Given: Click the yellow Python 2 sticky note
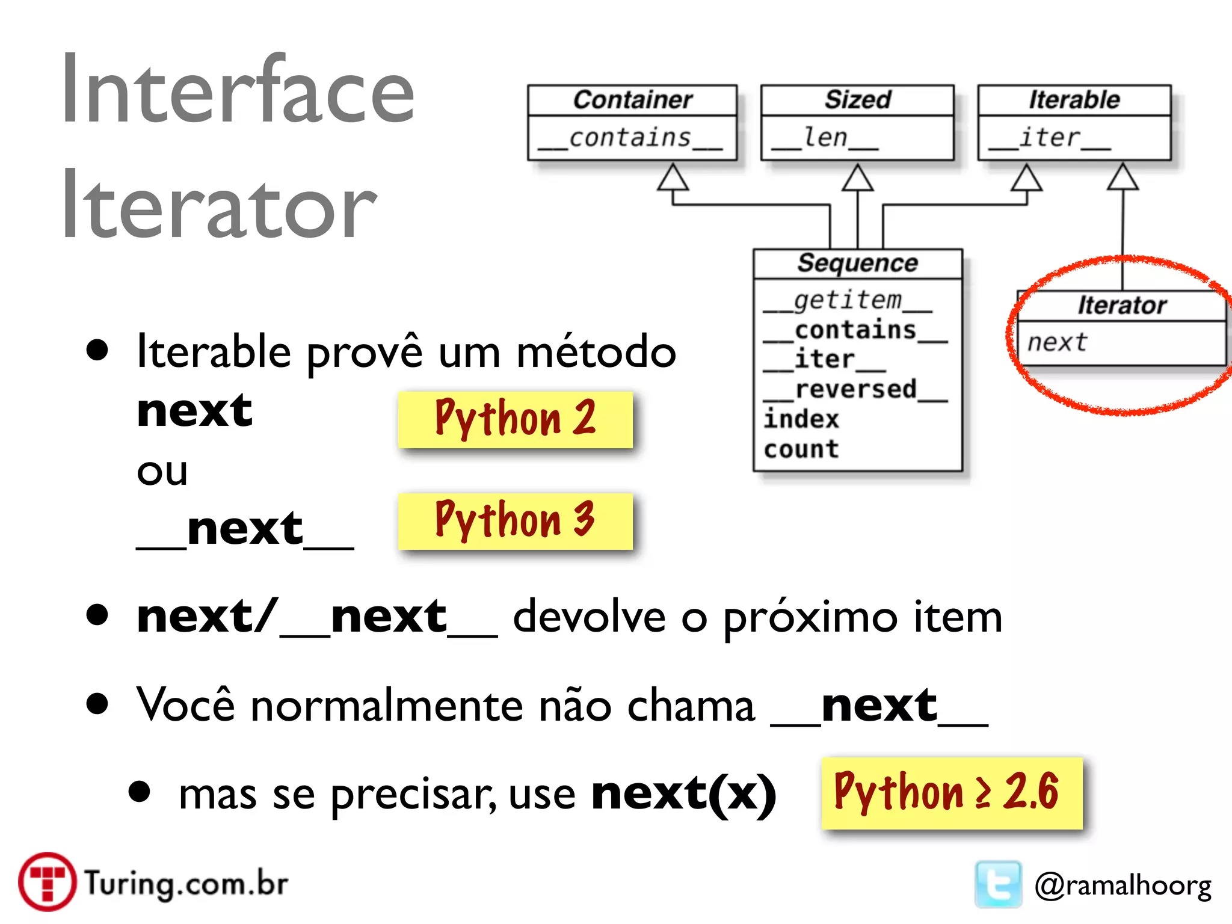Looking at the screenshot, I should pos(515,419).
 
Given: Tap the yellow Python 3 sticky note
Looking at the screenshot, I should pos(515,520).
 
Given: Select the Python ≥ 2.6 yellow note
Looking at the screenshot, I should pos(951,793).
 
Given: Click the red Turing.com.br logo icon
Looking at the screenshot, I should pos(47,882).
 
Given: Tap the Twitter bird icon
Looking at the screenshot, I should pos(998,884).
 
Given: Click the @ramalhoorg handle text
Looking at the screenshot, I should pos(1123,885).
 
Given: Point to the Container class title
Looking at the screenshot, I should pos(632,100).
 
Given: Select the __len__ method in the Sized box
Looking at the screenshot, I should pos(825,138).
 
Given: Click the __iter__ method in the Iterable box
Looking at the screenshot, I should pos(1050,138).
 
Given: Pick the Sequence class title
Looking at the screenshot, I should pos(857,263).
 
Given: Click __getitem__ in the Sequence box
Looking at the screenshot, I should pos(847,300).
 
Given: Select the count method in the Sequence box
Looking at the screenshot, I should pos(801,449).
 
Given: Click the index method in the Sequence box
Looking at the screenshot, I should pos(801,419).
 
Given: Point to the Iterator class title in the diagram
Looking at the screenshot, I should pos(1122,305).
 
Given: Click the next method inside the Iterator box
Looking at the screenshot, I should pos(1057,342).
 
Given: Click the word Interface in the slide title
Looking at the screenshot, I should pos(238,90).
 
